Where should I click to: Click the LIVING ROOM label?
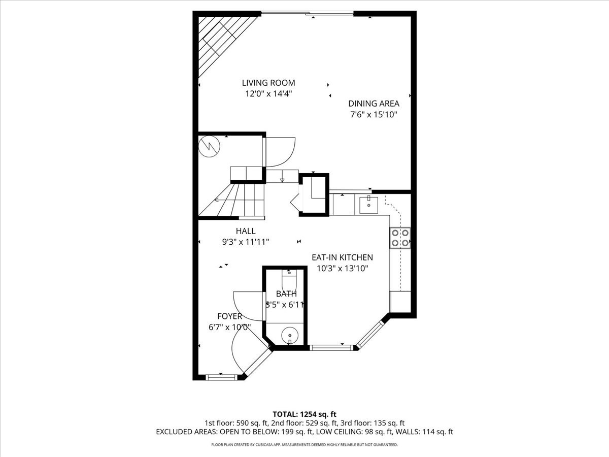(x=268, y=83)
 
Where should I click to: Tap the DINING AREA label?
(x=374, y=104)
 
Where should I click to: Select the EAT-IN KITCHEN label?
(x=342, y=257)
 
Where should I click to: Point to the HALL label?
(x=246, y=231)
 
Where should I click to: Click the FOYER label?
(x=229, y=316)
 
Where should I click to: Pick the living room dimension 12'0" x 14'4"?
(x=268, y=94)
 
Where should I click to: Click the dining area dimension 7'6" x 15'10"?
(x=374, y=115)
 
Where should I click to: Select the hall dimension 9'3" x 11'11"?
(x=246, y=242)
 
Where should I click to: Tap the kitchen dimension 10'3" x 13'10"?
(x=342, y=269)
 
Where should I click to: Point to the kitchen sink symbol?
(x=368, y=205)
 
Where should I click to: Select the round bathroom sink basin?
(x=290, y=335)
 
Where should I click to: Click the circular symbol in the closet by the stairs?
(x=209, y=146)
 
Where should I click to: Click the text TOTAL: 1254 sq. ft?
(x=304, y=414)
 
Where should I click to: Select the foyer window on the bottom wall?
(x=222, y=377)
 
